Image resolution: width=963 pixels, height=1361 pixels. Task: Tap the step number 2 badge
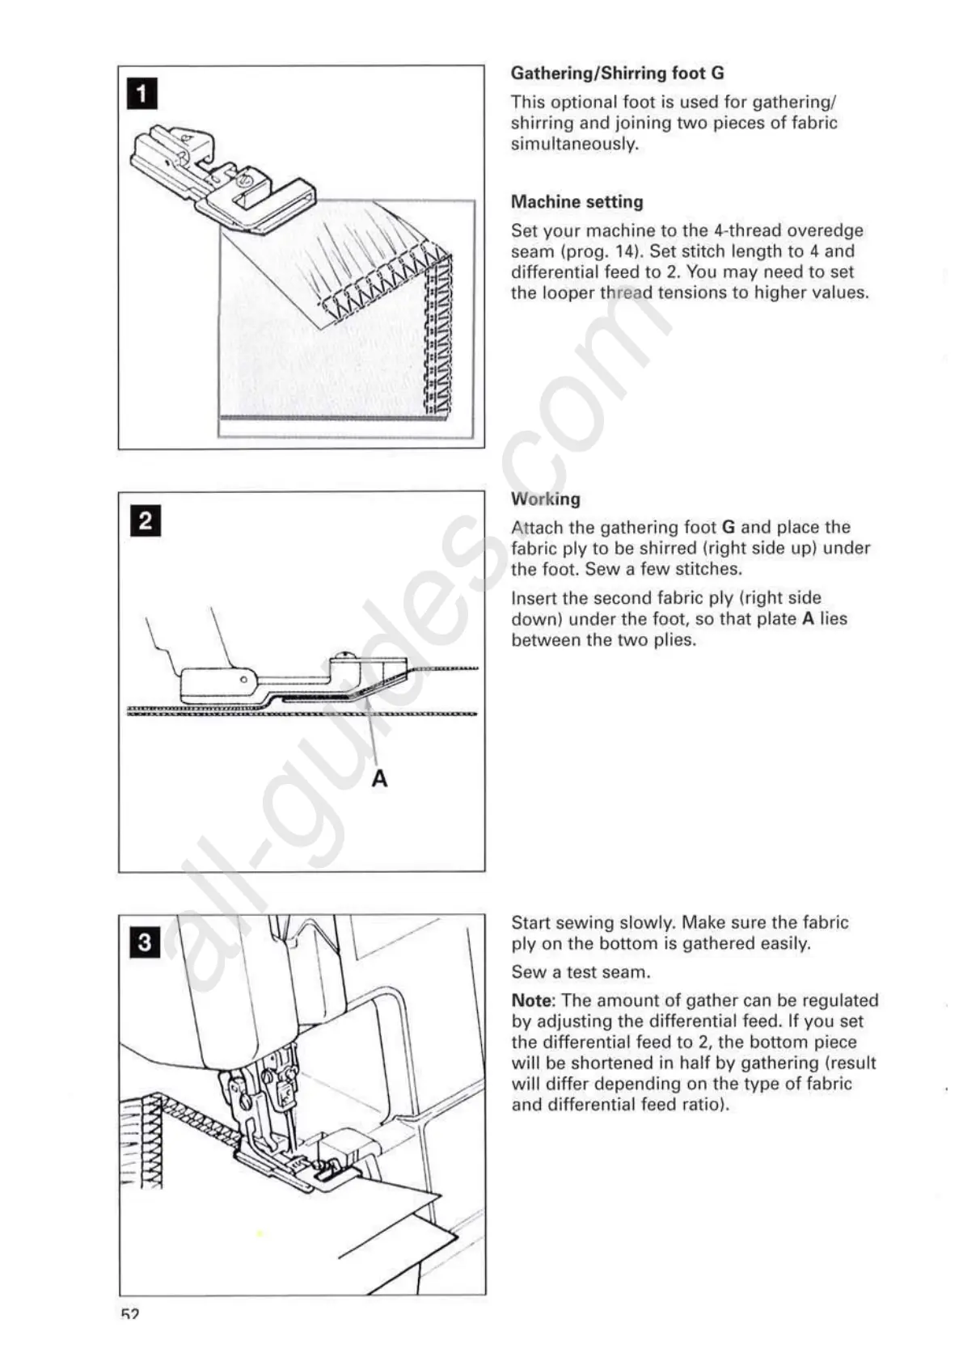146,520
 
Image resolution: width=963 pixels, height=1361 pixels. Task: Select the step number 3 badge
145,942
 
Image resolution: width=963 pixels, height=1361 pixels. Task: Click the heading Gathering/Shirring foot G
617,73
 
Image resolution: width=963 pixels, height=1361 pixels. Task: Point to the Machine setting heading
577,201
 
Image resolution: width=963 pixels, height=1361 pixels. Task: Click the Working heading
545,499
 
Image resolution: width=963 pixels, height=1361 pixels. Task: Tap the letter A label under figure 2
379,778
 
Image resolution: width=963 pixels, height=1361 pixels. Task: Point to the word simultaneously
574,144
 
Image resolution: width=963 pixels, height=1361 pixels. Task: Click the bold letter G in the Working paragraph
728,528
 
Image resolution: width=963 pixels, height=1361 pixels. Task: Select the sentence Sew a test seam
581,972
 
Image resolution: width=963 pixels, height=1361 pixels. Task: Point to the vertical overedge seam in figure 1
439,339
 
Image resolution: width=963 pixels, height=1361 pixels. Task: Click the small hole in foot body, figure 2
243,680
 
